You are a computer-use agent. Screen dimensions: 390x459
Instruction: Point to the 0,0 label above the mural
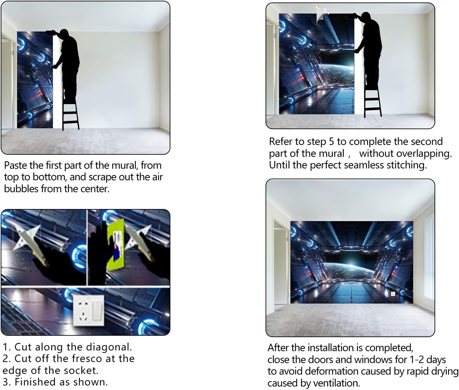(322, 10)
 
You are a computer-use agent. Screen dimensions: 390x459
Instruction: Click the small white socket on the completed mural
(393, 294)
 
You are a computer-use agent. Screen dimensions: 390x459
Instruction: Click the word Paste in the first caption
(16, 165)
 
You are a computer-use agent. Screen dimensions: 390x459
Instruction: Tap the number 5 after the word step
(332, 141)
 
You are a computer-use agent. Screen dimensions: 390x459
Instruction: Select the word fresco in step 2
(87, 358)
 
